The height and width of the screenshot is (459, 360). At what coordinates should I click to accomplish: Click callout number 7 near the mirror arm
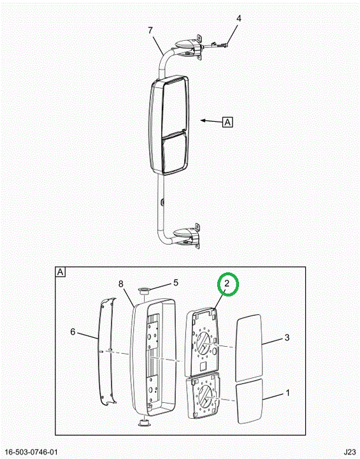click(150, 30)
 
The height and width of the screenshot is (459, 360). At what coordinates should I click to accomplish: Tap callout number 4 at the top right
click(239, 18)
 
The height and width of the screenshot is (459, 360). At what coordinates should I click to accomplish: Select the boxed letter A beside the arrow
click(227, 122)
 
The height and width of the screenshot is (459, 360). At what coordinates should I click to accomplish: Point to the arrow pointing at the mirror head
click(212, 120)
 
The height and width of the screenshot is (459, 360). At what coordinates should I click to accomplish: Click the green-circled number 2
click(227, 283)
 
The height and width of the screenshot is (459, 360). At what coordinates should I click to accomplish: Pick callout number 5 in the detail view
click(176, 282)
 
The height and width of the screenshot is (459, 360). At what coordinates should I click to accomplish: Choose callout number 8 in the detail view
click(121, 284)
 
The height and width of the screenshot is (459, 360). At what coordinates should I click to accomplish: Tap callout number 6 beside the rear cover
click(73, 332)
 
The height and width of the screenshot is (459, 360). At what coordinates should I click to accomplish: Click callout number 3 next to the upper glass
click(287, 337)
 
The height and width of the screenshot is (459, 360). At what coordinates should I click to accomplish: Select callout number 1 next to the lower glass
click(288, 393)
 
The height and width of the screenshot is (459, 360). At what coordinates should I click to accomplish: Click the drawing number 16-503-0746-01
click(31, 452)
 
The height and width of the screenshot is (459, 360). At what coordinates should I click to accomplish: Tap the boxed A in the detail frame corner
click(61, 272)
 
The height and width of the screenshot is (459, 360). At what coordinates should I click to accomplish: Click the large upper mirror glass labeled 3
click(248, 348)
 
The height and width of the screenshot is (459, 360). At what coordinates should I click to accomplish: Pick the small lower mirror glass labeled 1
click(249, 401)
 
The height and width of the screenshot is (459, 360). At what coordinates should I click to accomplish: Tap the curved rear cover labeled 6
click(107, 351)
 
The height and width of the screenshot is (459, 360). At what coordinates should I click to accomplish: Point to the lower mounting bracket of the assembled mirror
click(187, 236)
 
